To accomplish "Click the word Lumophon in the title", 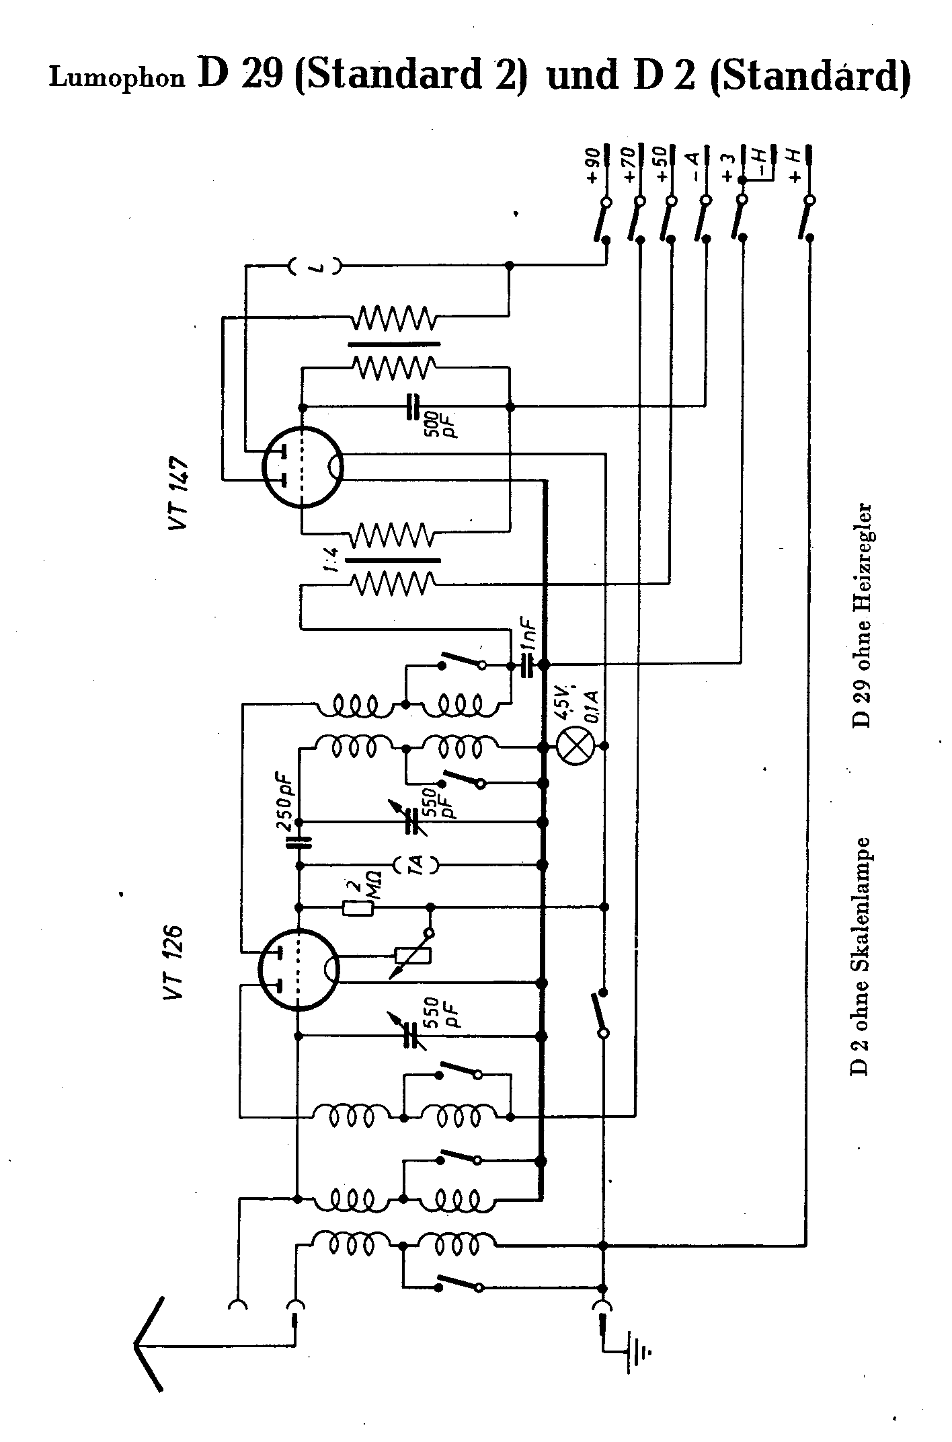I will (x=116, y=78).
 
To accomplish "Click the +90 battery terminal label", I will (x=592, y=166).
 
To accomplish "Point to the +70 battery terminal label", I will (x=629, y=166).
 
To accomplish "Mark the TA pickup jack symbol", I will (x=416, y=864).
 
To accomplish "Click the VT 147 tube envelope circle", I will (x=303, y=466).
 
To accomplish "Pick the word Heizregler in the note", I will (x=861, y=566).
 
